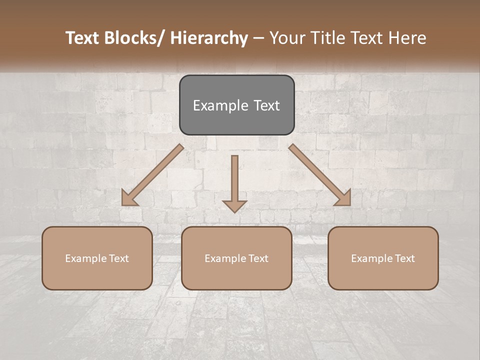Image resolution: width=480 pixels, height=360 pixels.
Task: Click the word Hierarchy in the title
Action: (209, 38)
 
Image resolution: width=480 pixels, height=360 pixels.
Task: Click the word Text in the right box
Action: (405, 258)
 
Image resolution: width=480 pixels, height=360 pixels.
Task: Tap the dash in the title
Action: (258, 38)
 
